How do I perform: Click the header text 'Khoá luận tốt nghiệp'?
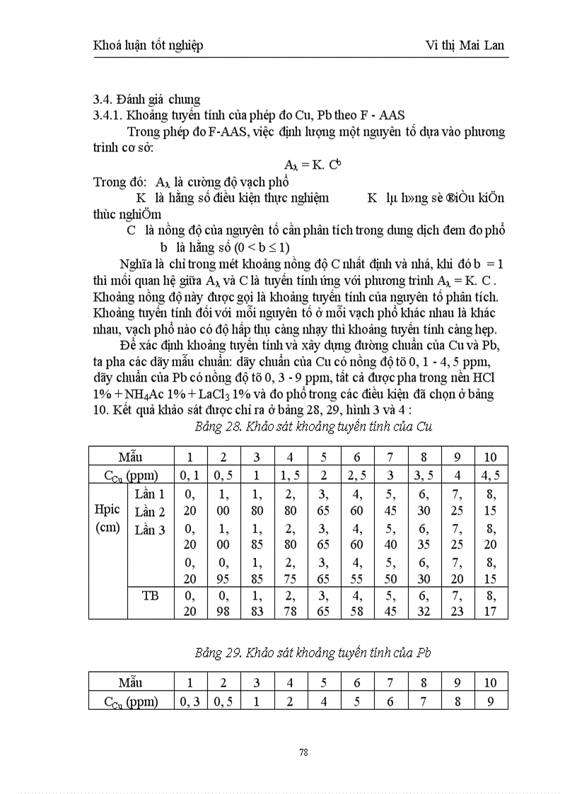coord(148,45)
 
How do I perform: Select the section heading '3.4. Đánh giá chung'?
coord(146,100)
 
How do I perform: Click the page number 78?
coord(303,752)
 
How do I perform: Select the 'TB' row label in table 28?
coord(150,596)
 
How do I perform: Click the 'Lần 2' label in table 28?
coord(150,512)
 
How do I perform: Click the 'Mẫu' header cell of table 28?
coord(131,456)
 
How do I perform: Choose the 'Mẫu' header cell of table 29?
coord(131,682)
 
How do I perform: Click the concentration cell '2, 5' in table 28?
coord(358,474)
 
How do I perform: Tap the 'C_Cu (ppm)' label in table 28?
coord(131,474)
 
